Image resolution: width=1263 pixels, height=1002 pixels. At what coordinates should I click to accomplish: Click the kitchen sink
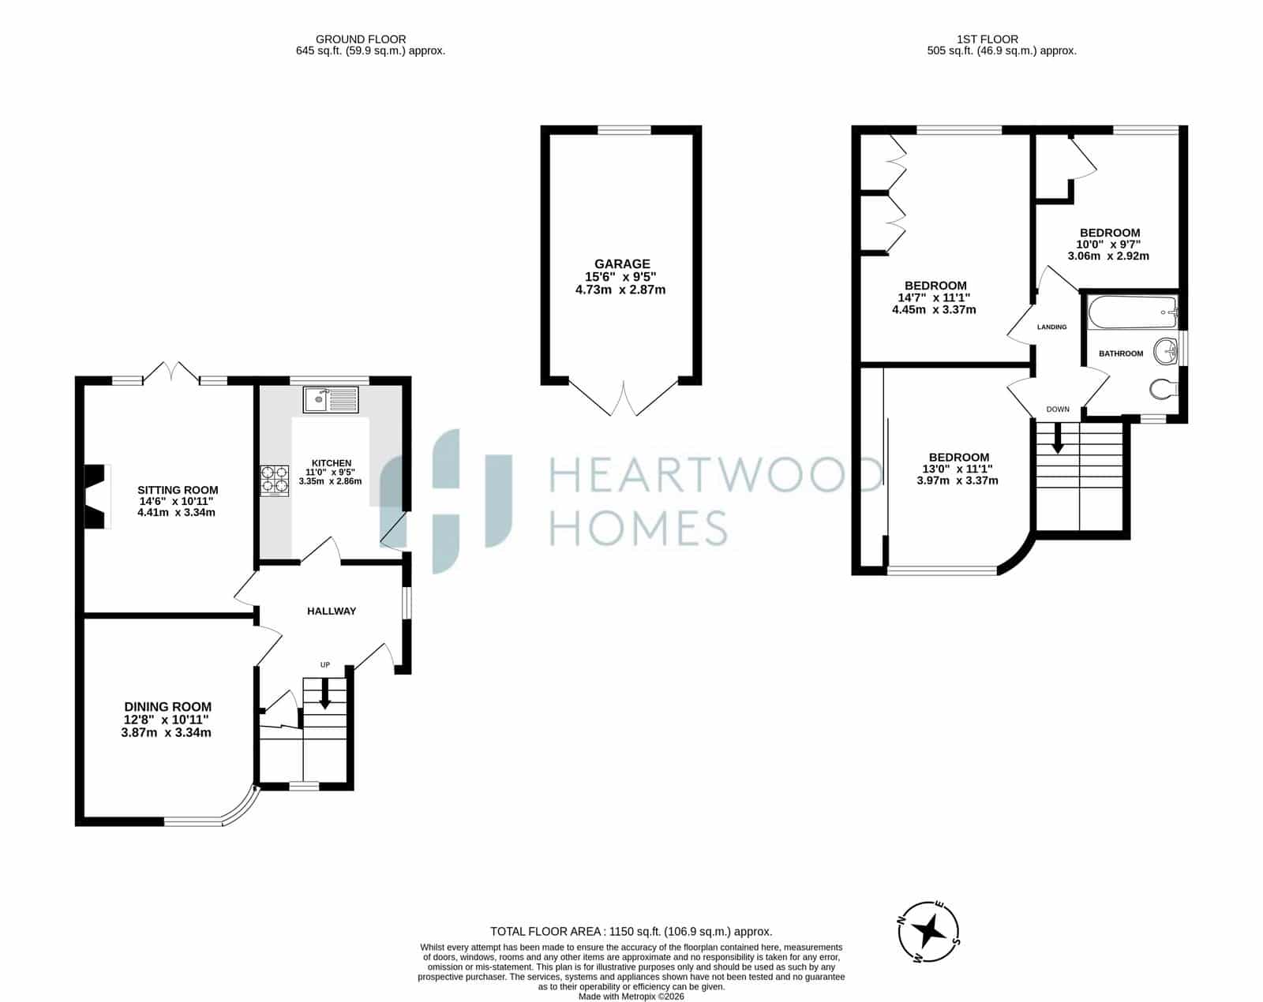pyautogui.click(x=331, y=399)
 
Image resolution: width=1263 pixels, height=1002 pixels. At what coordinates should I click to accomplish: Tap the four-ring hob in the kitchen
pyautogui.click(x=275, y=480)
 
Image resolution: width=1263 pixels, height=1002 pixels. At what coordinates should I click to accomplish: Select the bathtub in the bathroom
pyautogui.click(x=1132, y=312)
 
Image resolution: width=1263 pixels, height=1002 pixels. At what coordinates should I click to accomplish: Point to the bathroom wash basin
pyautogui.click(x=1166, y=351)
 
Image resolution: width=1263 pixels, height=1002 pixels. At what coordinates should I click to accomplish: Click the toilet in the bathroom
pyautogui.click(x=1164, y=388)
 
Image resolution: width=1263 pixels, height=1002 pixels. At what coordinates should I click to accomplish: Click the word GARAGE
pyautogui.click(x=622, y=264)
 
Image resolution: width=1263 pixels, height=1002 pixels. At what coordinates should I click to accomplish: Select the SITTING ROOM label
pyautogui.click(x=178, y=490)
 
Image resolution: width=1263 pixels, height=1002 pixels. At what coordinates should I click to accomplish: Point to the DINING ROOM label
pyautogui.click(x=168, y=707)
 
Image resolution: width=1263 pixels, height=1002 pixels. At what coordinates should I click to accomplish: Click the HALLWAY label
pyautogui.click(x=332, y=611)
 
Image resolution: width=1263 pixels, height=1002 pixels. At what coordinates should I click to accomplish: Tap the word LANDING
pyautogui.click(x=1051, y=327)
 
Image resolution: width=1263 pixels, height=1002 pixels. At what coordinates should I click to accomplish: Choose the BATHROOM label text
pyautogui.click(x=1121, y=353)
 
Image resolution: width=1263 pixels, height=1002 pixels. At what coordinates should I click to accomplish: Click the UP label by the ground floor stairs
pyautogui.click(x=325, y=664)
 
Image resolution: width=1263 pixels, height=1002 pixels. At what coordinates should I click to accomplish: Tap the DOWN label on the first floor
pyautogui.click(x=1059, y=409)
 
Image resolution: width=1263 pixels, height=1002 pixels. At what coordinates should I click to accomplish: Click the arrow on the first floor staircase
pyautogui.click(x=1058, y=437)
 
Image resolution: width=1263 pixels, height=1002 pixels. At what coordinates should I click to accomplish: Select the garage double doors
pyautogui.click(x=624, y=397)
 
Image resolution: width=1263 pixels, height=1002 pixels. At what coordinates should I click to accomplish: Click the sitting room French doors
pyautogui.click(x=171, y=372)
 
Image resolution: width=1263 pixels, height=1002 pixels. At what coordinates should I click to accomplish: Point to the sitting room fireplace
pyautogui.click(x=97, y=496)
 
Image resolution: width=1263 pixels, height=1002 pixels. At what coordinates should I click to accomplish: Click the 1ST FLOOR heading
pyautogui.click(x=988, y=39)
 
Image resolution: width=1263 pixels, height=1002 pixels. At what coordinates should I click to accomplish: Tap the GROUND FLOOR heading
pyautogui.click(x=361, y=39)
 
